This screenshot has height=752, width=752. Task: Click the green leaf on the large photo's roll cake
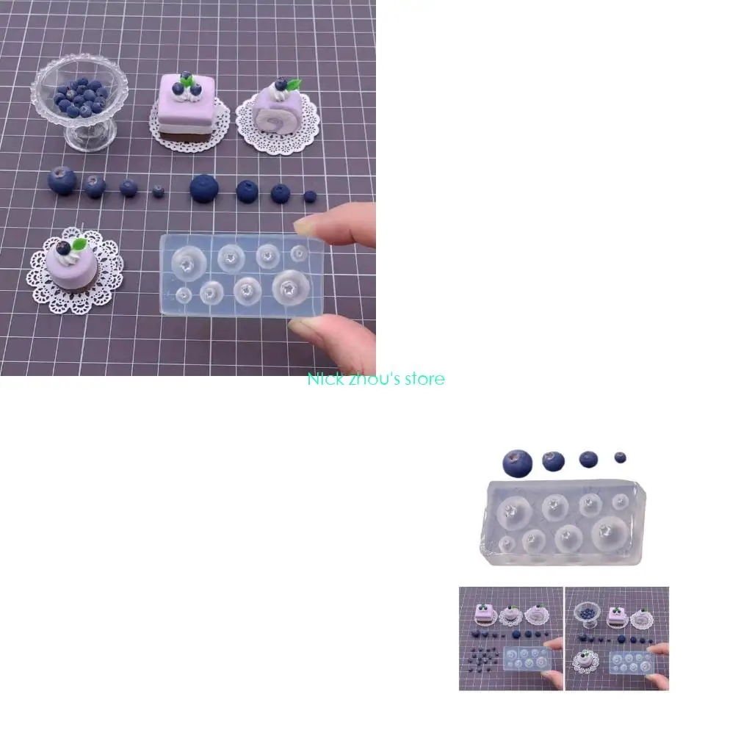294,84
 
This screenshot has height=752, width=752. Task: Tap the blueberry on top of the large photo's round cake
64,247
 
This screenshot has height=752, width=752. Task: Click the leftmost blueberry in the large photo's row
62,181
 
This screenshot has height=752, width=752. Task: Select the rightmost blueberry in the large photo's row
310,196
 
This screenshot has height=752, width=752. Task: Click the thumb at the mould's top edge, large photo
341,225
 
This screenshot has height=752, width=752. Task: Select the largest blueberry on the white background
517,463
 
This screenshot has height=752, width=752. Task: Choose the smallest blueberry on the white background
621,458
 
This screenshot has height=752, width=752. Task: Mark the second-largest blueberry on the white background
553,460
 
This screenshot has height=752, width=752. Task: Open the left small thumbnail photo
510,638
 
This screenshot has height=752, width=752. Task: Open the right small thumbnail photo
617,638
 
